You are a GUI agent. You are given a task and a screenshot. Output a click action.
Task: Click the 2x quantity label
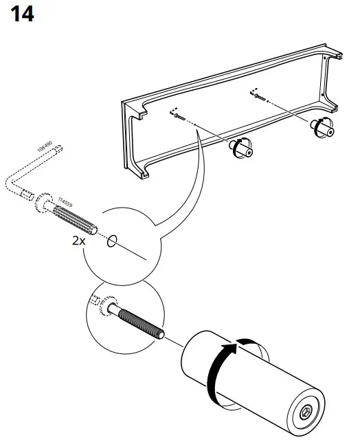coord(80,241)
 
